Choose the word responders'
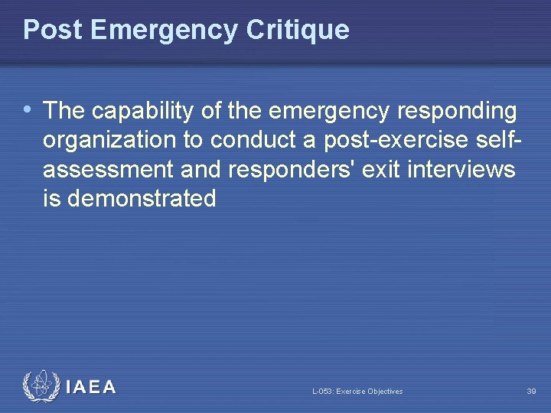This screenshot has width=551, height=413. (x=279, y=170)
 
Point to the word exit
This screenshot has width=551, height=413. (x=371, y=170)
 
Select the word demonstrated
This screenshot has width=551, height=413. (x=142, y=199)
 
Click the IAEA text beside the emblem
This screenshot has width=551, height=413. (x=91, y=387)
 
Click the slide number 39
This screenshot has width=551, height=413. (x=531, y=392)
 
